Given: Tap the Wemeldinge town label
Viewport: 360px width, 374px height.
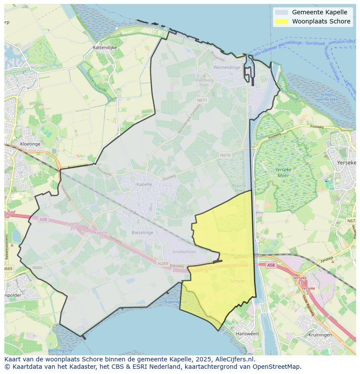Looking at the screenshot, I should coord(227,67).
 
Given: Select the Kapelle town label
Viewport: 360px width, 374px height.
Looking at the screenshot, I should coord(144,184).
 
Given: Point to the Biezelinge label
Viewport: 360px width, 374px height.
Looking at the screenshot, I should coord(142,232).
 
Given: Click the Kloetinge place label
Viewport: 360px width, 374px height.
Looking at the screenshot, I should coord(30,144).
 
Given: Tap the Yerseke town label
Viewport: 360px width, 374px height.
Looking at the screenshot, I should coord(347,162).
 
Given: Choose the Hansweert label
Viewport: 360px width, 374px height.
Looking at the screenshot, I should coord(247,334).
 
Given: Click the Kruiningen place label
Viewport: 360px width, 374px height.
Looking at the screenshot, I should coord(320,335).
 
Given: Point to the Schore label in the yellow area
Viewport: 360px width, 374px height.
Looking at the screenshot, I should coord(237,281).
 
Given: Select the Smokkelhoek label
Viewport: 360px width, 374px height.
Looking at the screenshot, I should coord(184,252).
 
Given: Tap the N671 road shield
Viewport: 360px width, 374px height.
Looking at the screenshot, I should coord(202,100).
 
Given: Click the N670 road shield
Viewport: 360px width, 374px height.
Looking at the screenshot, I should coord(225,155).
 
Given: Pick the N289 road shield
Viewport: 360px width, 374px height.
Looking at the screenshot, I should coord(163,263).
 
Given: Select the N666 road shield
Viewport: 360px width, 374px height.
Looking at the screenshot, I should coord(37,268).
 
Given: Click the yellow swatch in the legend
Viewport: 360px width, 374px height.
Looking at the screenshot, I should coord(281,21).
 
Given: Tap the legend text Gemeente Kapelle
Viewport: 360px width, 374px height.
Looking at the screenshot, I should coord(320,12).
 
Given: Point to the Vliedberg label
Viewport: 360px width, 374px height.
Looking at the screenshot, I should coord(204,80).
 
